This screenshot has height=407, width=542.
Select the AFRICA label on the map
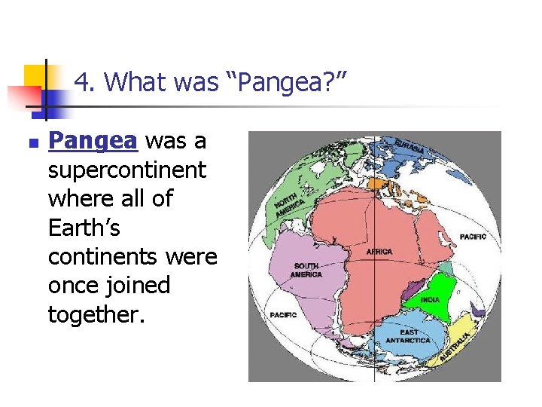point(379,251)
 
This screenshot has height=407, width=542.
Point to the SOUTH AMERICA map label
point(307,270)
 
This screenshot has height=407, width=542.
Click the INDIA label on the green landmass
point(430,299)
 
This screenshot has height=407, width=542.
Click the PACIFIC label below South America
point(284,314)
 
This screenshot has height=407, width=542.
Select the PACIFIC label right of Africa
point(473,237)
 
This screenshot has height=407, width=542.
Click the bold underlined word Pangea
point(93,141)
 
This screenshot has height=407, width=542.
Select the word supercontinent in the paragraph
point(126,170)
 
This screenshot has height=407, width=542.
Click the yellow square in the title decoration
point(35,75)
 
